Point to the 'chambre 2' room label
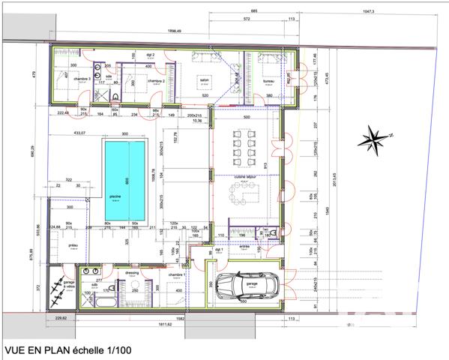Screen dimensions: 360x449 click(155, 80)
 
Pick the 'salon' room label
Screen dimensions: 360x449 click(203, 79)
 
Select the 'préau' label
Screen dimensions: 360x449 click(73, 245)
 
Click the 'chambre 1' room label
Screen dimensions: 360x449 click(176, 276)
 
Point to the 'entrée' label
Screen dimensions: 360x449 click(244, 245)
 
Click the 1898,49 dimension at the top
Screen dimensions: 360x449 click(173, 31)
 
